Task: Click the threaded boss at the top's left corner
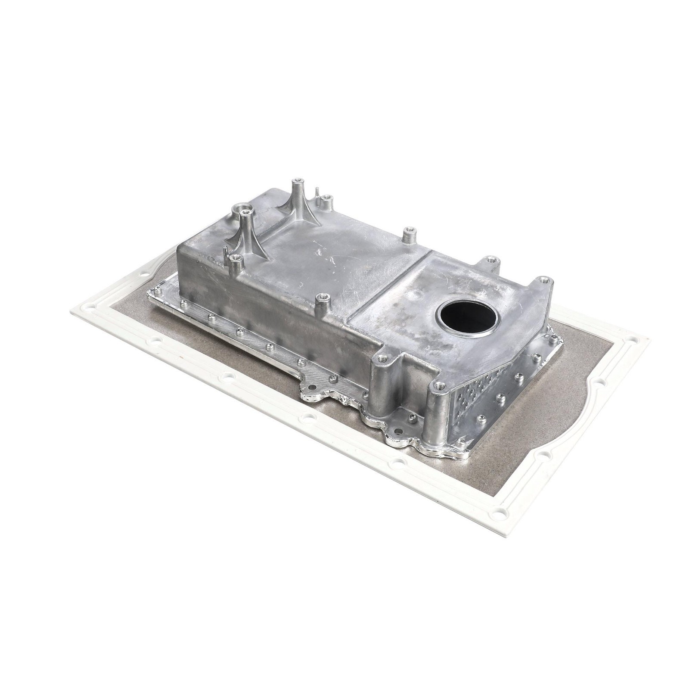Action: (234, 258)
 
